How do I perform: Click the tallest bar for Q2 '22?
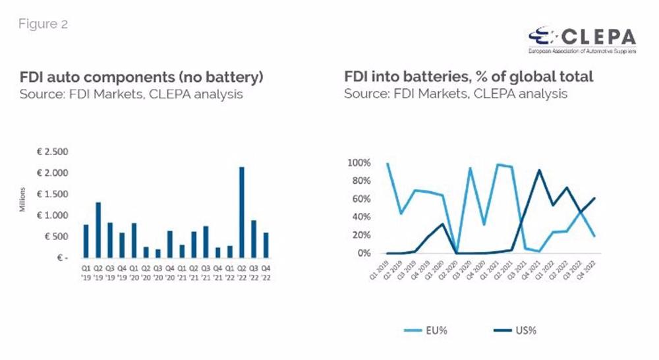pyautogui.click(x=242, y=212)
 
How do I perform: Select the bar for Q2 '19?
pyautogui.click(x=98, y=229)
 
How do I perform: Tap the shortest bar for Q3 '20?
pyautogui.click(x=158, y=253)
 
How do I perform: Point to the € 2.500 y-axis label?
pyautogui.click(x=51, y=152)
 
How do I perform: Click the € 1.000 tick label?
pyautogui.click(x=51, y=216)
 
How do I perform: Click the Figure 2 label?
pyautogui.click(x=43, y=24)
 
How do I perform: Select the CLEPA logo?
pyautogui.click(x=582, y=39)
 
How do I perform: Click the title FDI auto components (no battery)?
pyautogui.click(x=140, y=77)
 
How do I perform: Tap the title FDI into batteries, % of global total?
pyautogui.click(x=469, y=77)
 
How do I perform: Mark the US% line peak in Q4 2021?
pyautogui.click(x=540, y=170)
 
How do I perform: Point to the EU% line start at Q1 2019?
pyautogui.click(x=387, y=164)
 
